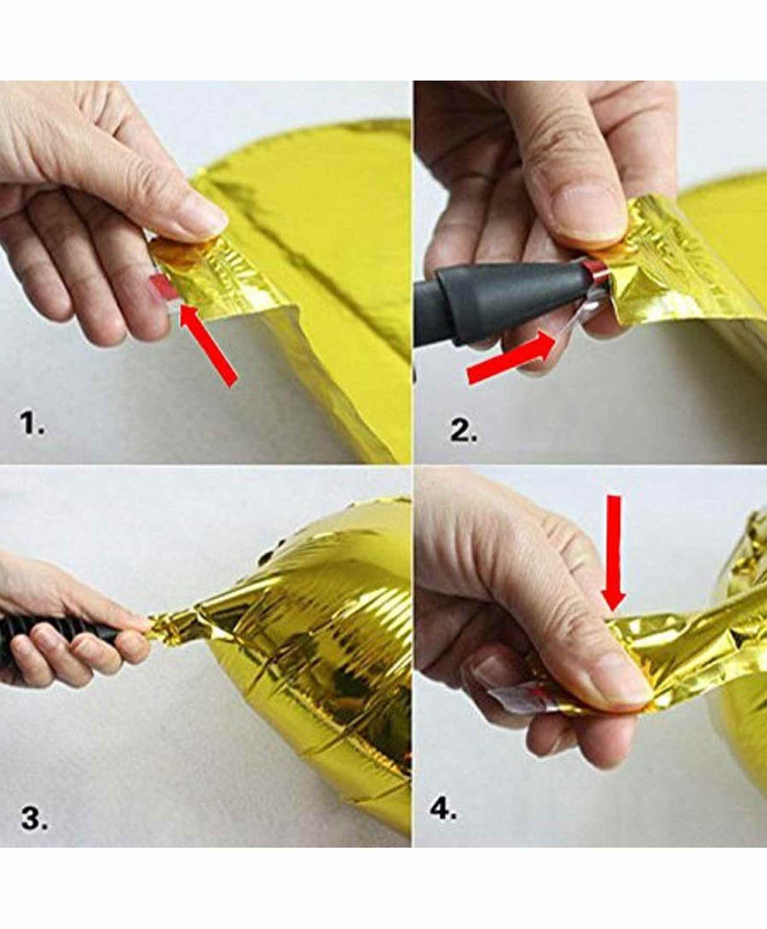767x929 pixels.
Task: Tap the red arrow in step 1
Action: point(208,345)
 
